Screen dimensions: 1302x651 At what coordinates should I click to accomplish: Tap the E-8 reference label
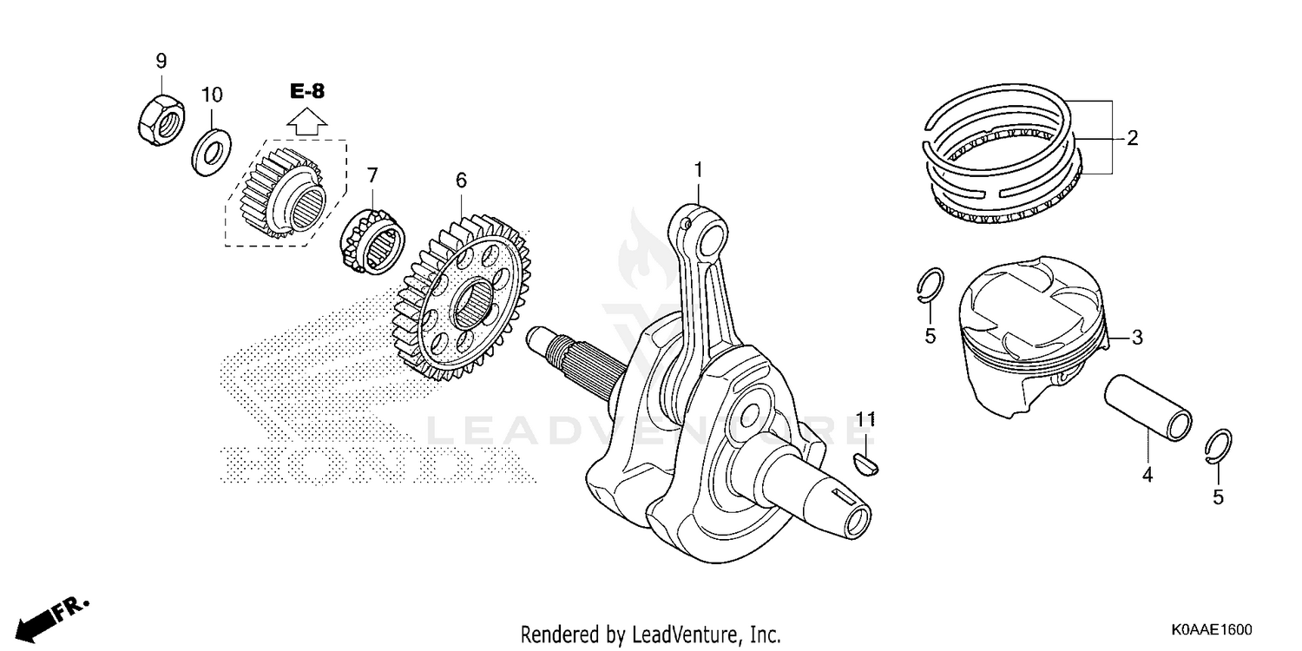pos(306,91)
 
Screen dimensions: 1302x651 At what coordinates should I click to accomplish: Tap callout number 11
pos(864,420)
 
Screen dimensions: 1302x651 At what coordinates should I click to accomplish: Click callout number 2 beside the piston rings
pos(1132,138)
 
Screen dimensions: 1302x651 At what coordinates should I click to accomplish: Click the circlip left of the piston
pos(930,287)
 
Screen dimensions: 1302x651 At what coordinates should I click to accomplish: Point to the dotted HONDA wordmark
pos(373,464)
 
